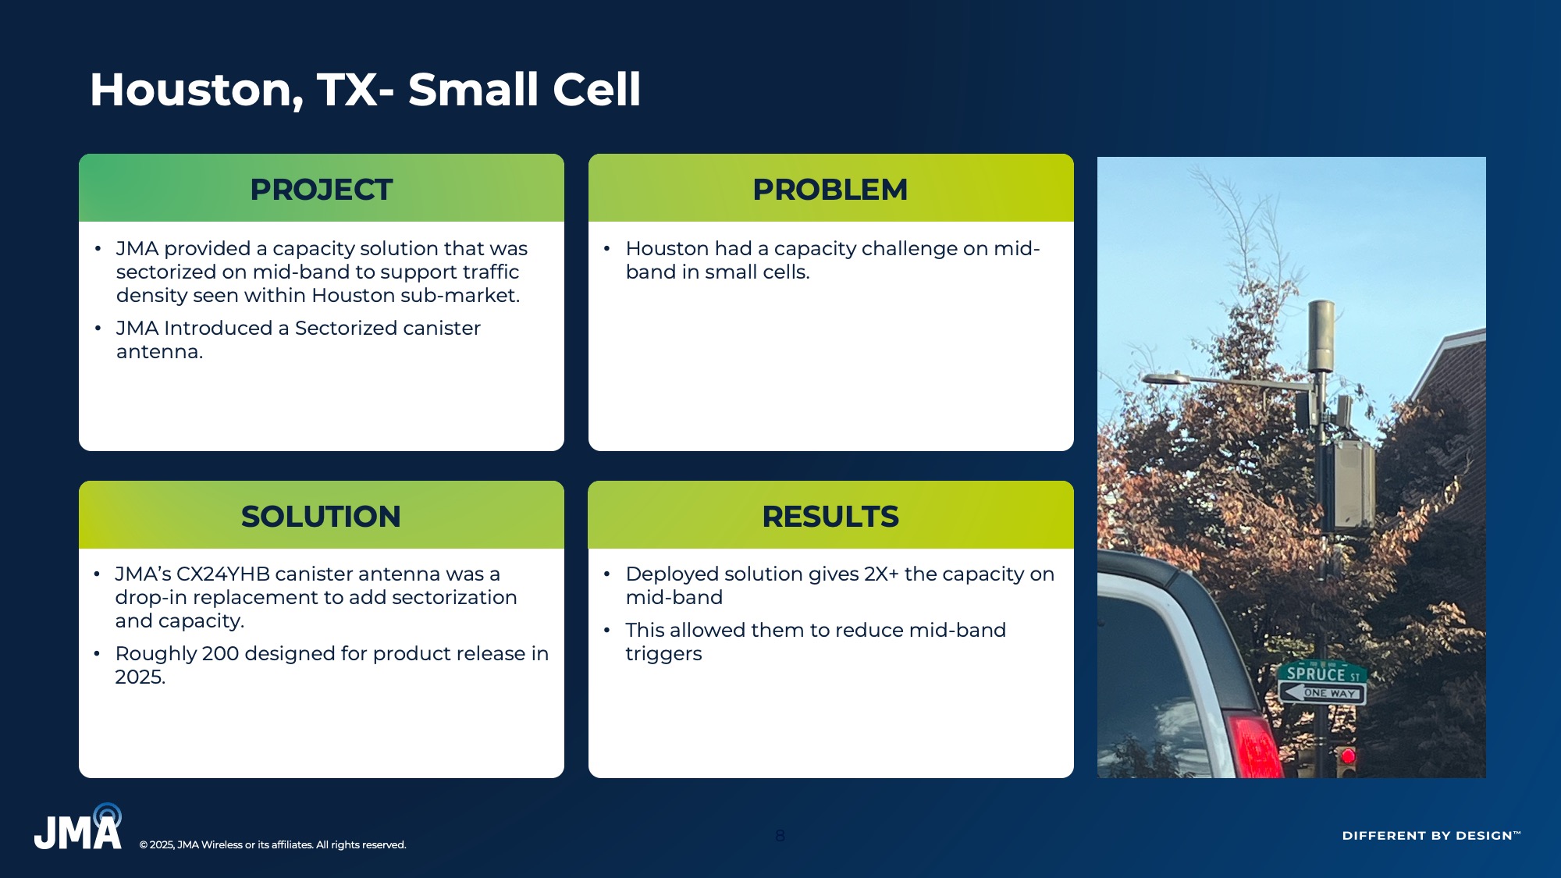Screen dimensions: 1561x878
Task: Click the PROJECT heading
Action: (x=321, y=190)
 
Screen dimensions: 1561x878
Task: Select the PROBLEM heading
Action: (x=830, y=190)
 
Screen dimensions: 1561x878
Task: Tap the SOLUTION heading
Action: (x=321, y=517)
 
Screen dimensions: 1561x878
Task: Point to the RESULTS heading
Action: (x=830, y=517)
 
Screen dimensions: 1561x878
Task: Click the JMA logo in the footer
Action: (x=78, y=827)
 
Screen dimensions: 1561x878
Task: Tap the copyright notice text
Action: (x=272, y=844)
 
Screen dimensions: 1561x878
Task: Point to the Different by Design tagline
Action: (x=1431, y=835)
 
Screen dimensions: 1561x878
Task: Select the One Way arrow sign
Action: (x=1322, y=692)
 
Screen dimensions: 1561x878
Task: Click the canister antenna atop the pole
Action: (x=1321, y=336)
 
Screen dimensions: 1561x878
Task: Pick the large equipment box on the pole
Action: (x=1353, y=485)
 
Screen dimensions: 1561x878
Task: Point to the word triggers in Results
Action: (x=663, y=654)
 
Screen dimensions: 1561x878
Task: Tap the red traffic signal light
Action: (x=1348, y=755)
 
